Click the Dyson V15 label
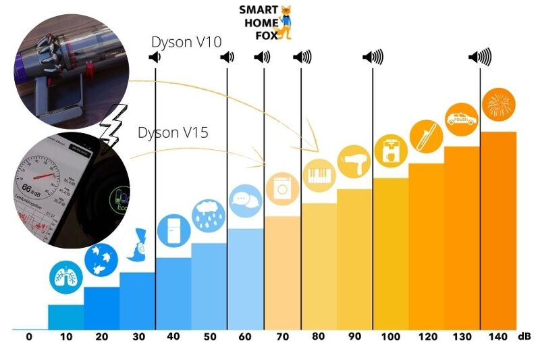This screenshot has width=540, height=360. point(173,132)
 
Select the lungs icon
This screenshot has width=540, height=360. point(65,277)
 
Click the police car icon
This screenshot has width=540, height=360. point(462,120)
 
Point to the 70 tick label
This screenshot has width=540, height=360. point(282,336)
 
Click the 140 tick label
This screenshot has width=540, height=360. point(497,336)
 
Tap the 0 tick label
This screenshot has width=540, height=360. point(29,336)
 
